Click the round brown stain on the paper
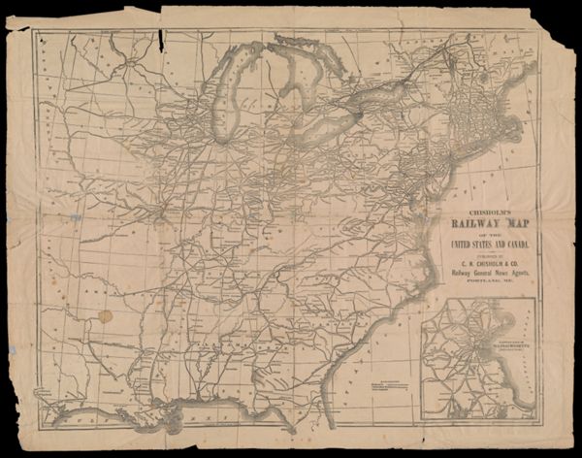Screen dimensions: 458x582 (x=105, y=315)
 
